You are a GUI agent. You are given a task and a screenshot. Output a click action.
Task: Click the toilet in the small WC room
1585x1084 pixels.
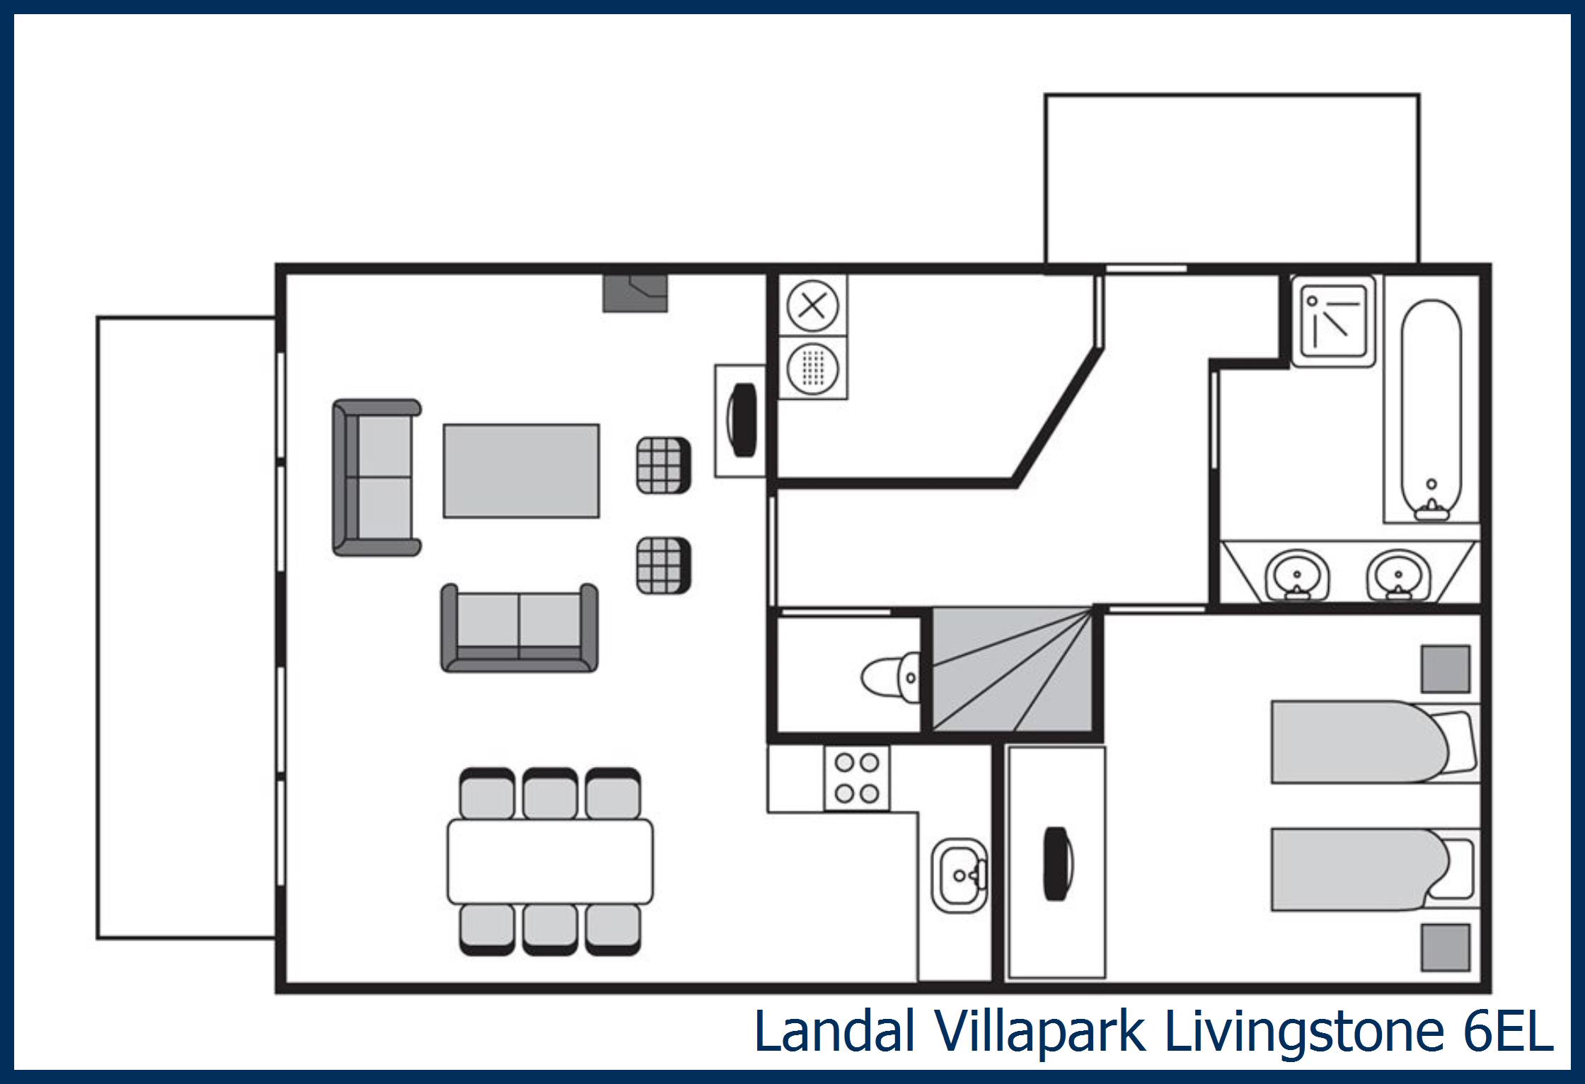[x=889, y=678]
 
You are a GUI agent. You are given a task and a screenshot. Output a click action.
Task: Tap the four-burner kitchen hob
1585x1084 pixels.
[x=857, y=778]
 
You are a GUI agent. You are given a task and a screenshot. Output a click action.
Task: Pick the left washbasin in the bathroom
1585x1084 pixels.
[x=1297, y=575]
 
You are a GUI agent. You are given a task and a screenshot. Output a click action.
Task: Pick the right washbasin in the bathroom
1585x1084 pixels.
[x=1397, y=575]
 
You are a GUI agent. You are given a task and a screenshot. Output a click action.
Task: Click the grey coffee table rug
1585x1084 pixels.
[x=521, y=471]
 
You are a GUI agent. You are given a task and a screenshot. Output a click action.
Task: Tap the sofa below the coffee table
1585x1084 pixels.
[x=519, y=628]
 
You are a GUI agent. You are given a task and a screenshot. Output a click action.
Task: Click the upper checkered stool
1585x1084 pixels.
[x=663, y=465]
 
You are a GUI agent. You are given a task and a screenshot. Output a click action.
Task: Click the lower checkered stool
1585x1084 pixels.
[x=663, y=565]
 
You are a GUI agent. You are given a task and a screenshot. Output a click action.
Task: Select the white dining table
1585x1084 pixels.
[x=550, y=860]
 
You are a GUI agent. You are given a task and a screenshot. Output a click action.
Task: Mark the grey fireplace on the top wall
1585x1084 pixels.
[x=635, y=293]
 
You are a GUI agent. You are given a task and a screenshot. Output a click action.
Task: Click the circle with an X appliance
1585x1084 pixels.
[x=812, y=306]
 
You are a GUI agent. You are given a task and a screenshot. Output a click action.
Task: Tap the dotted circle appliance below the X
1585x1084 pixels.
[x=812, y=368]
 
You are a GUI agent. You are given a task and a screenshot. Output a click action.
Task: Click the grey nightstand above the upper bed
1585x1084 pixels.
[x=1446, y=669]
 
